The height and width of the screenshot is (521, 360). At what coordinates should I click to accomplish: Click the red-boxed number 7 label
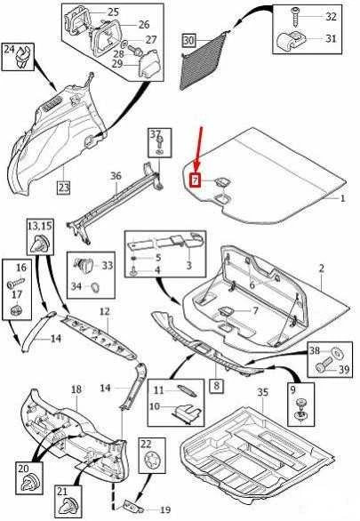click(x=195, y=180)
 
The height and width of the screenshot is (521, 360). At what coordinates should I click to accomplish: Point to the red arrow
click(x=198, y=150)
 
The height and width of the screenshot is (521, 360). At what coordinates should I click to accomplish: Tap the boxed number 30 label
click(x=188, y=41)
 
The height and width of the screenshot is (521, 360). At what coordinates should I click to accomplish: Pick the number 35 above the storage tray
click(x=263, y=392)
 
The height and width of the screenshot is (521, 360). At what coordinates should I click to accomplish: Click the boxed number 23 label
click(x=63, y=188)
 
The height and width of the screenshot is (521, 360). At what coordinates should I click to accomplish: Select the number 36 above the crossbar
click(x=116, y=176)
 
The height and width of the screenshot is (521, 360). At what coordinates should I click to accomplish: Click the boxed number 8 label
click(x=217, y=386)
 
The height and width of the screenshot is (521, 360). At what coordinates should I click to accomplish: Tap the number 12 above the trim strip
click(x=104, y=311)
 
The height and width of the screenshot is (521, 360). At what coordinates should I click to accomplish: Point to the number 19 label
click(x=165, y=510)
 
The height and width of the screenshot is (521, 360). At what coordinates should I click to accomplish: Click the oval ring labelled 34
click(x=95, y=286)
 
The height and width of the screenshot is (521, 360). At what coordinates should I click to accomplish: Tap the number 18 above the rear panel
click(x=76, y=389)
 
